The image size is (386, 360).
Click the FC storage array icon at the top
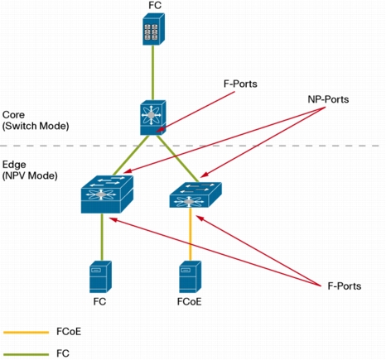click(x=153, y=29)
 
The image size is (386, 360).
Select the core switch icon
click(x=152, y=118)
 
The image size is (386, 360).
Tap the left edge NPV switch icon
click(x=107, y=194)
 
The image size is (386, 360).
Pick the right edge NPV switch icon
click(x=195, y=194)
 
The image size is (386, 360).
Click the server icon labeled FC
click(x=100, y=276)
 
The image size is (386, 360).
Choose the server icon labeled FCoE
click(x=191, y=276)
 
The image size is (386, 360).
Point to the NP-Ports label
click(x=328, y=99)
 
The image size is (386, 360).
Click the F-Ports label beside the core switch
click(x=240, y=84)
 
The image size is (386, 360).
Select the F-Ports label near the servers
click(x=345, y=286)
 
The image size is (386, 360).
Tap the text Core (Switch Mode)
click(x=36, y=120)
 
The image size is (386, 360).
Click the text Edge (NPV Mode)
click(x=30, y=170)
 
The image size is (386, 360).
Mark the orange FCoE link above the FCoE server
click(x=191, y=234)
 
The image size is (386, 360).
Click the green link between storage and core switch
click(x=152, y=73)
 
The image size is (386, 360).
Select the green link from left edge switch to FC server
click(x=102, y=238)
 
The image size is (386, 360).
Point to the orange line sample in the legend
click(x=27, y=333)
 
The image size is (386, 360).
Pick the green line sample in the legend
click(x=27, y=354)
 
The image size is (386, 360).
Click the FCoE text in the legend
click(x=69, y=331)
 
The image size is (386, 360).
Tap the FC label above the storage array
click(x=155, y=5)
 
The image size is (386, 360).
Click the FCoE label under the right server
click(x=190, y=302)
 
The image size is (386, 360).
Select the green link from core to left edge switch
click(x=131, y=156)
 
